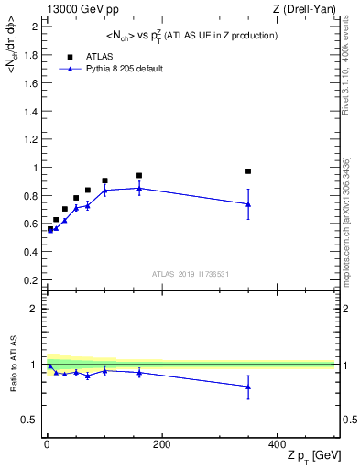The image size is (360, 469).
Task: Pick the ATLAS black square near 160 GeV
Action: coord(139,176)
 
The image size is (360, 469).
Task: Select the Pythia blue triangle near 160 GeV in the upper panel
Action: coord(139,188)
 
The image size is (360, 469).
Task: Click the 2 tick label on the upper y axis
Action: coord(34,27)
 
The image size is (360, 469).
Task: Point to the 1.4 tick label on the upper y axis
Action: coord(30,111)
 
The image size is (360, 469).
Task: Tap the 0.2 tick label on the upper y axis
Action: coord(30,280)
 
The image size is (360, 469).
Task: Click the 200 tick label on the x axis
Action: coord(161,443)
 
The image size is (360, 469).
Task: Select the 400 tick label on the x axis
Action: coord(277,443)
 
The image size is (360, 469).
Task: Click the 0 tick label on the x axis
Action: coord(47,443)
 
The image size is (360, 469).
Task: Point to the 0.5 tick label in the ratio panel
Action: coord(30,420)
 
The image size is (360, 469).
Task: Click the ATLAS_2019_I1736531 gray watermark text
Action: coord(191,275)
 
